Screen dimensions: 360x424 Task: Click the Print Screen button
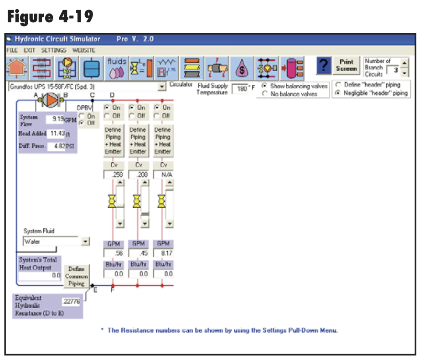[x=346, y=65]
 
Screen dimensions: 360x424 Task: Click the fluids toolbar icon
[x=116, y=67]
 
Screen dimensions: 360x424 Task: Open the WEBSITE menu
[x=84, y=50]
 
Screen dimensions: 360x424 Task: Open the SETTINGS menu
[x=54, y=50]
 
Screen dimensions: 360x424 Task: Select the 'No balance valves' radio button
[x=265, y=94]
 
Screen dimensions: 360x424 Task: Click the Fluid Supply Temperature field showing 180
[x=240, y=89]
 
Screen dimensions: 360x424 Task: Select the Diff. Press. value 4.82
[x=57, y=147]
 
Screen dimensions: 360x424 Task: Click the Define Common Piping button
[x=76, y=277]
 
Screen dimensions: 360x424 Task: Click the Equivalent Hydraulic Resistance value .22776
[x=71, y=301]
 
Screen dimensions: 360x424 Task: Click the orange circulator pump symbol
[x=52, y=99]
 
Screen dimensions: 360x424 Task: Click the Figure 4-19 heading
[x=50, y=17]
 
